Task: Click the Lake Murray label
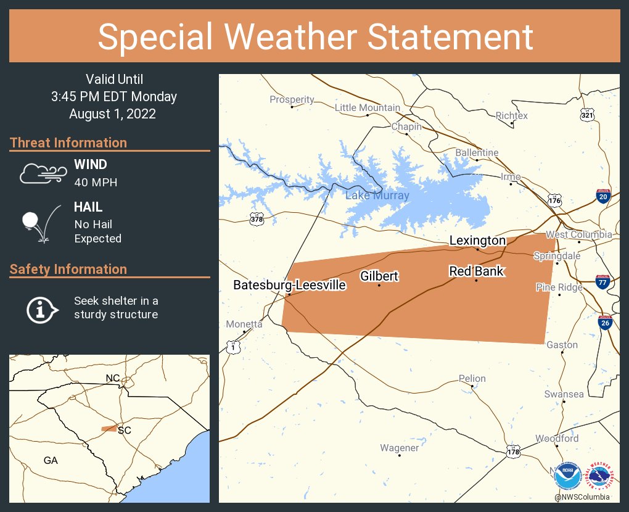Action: tap(377, 196)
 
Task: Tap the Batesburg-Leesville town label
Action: tap(289, 285)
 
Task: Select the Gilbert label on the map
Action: tap(379, 276)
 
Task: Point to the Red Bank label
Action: tap(476, 271)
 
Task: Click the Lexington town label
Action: tap(477, 241)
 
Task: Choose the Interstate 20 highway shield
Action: tap(603, 197)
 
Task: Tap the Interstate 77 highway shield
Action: tap(603, 283)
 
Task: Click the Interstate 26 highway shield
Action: tap(606, 323)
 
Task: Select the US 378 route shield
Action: tap(257, 219)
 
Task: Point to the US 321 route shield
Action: tap(587, 115)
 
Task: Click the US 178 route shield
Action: tap(512, 452)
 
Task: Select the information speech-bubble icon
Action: tap(41, 308)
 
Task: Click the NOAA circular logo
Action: tap(567, 477)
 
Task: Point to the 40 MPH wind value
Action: tap(96, 183)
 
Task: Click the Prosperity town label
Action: tap(292, 100)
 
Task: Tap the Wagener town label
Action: tap(399, 448)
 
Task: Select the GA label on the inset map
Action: tap(51, 460)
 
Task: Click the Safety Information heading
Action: tap(68, 269)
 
